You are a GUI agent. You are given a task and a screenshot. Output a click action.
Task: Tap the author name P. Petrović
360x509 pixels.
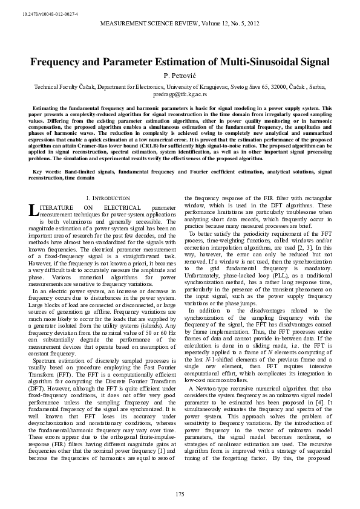pos(180,76)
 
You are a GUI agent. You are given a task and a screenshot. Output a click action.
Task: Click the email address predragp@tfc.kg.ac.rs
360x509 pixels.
pos(180,95)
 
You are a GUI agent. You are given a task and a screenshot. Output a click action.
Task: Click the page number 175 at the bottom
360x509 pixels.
pos(180,494)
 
